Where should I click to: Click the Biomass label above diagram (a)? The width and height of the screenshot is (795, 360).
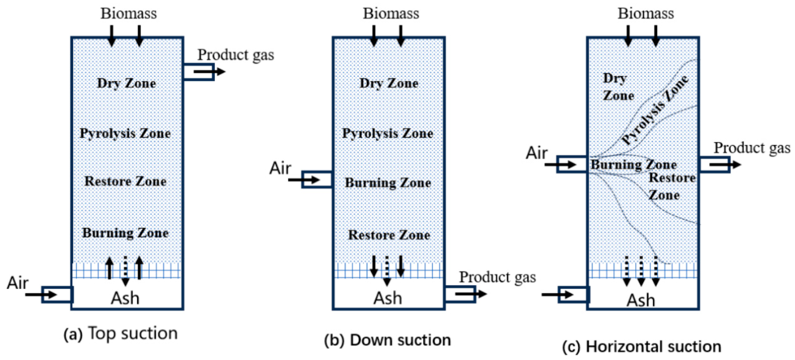coord(128,14)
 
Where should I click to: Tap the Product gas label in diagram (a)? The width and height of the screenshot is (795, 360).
coord(236,55)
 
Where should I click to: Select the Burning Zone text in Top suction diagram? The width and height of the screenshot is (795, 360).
coord(125,233)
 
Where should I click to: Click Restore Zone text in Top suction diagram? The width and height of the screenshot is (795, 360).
coord(125,181)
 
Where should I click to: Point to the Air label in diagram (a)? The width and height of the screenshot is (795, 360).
coord(18,283)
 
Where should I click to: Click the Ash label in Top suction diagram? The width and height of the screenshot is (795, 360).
coord(125,298)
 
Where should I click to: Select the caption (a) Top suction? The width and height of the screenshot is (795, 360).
coord(120,334)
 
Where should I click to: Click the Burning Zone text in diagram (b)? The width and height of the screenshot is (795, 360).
coord(388,183)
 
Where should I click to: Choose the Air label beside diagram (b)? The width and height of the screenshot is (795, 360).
coord(280,169)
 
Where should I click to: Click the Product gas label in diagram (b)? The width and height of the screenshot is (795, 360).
coord(497,277)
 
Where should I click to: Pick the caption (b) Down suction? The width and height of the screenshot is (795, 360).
coord(387,340)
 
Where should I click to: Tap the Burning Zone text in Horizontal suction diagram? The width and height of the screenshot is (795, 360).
coord(634,164)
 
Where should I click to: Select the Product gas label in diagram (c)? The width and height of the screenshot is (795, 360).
coord(752,148)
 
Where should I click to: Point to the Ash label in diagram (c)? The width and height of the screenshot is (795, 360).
coord(641,300)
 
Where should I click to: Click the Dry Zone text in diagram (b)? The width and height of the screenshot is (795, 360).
coord(389,83)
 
